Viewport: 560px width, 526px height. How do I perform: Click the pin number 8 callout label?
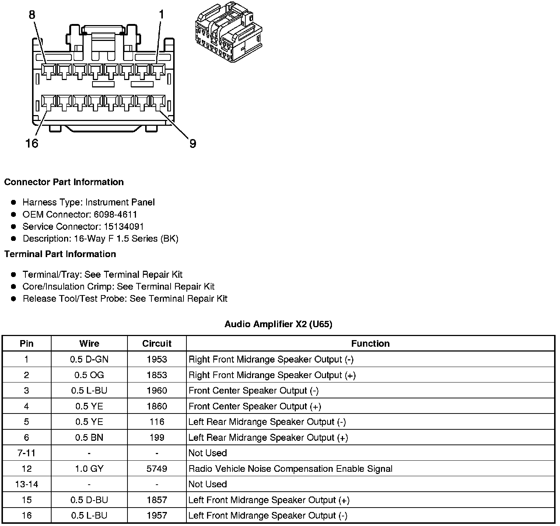tap(32, 15)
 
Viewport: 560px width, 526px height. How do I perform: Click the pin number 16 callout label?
tap(32, 143)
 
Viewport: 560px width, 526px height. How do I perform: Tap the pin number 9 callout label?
tap(193, 143)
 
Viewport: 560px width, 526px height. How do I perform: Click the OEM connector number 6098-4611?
tap(115, 214)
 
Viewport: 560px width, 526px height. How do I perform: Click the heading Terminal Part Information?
tap(60, 254)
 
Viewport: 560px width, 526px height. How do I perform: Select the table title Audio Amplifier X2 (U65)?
tap(278, 324)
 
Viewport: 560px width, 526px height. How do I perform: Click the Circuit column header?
tap(157, 343)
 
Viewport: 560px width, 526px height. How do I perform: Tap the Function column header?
tap(370, 343)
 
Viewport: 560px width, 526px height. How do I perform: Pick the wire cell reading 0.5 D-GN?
tap(89, 359)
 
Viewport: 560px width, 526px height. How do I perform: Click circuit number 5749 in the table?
tap(157, 469)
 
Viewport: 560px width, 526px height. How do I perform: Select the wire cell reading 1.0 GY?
tap(89, 469)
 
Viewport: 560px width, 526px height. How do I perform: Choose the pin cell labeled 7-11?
tap(27, 453)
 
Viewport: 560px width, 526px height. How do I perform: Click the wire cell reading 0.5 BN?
tap(89, 437)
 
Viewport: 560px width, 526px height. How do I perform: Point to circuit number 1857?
tap(157, 500)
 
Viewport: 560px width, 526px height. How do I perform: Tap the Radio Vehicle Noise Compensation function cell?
tap(290, 469)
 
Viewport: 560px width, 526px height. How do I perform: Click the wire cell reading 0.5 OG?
tap(89, 375)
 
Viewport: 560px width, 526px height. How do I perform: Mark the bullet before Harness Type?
tap(14, 202)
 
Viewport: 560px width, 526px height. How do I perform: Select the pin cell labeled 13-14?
tap(27, 484)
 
